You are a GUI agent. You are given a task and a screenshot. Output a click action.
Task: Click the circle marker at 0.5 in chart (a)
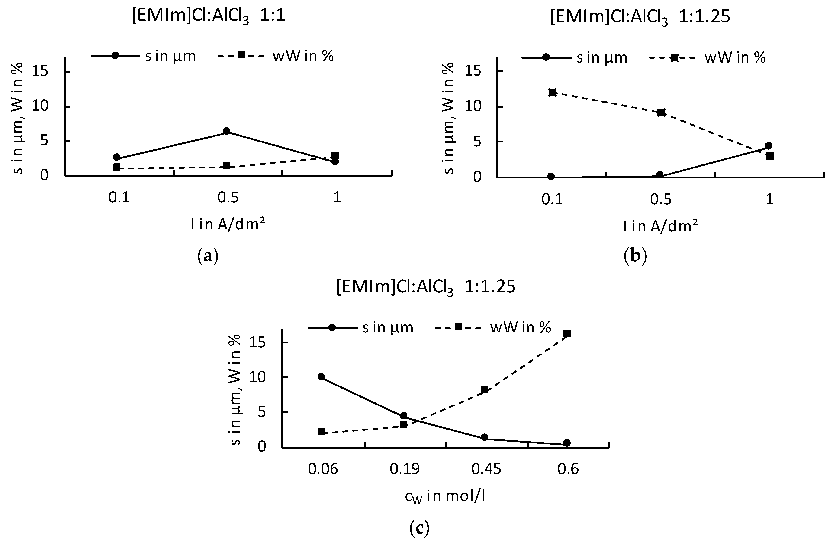[227, 131]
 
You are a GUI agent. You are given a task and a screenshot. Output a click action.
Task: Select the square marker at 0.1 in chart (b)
[553, 92]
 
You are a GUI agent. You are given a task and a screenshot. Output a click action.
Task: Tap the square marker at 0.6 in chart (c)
[567, 333]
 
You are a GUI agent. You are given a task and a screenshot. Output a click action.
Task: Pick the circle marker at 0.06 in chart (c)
[321, 377]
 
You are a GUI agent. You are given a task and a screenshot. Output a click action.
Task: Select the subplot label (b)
[635, 256]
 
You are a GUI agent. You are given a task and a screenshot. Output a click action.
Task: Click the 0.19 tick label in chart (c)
[404, 469]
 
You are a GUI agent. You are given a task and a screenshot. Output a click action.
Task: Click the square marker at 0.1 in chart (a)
[117, 167]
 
